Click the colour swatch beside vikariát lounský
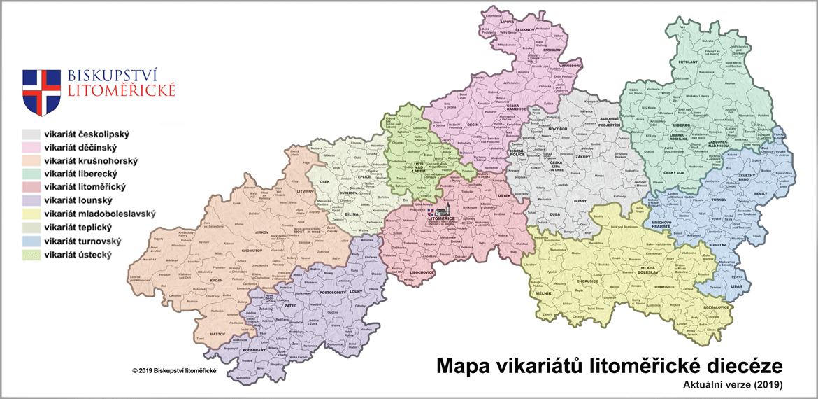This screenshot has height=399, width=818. click(31, 199)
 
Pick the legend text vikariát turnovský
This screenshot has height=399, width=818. click(82, 241)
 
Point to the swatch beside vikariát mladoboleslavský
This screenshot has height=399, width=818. click(31, 213)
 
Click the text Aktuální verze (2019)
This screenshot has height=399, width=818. click(733, 384)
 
